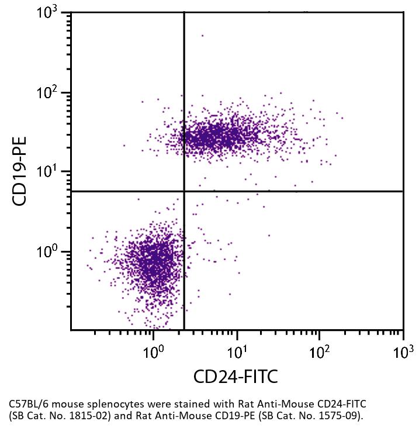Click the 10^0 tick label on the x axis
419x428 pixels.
tap(154, 352)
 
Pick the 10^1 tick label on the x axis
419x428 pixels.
tap(237, 352)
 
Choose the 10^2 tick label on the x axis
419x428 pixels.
tap(320, 352)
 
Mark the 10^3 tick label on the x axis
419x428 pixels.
tap(403, 352)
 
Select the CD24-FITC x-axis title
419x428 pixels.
tap(236, 377)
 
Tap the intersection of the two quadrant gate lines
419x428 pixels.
tap(184, 191)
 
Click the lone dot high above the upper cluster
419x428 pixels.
tap(203, 36)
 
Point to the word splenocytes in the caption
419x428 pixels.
tap(105, 404)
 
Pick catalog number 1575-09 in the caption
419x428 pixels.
tap(337, 416)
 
